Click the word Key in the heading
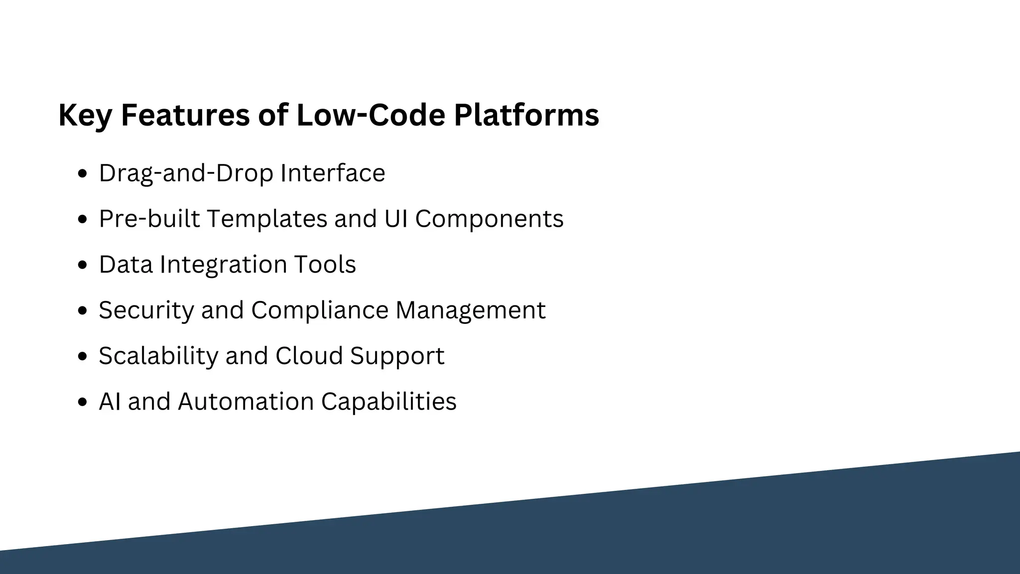(85, 116)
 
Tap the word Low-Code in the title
(371, 115)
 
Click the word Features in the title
(185, 115)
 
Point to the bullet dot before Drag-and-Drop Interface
(83, 174)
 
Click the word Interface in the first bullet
(333, 173)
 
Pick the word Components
(489, 219)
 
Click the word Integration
(223, 265)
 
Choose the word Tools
(325, 265)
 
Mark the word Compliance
(320, 310)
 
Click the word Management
(470, 310)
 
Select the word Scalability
(158, 356)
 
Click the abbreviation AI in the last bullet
(110, 402)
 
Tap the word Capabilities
(388, 402)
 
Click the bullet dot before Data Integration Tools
(83, 266)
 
